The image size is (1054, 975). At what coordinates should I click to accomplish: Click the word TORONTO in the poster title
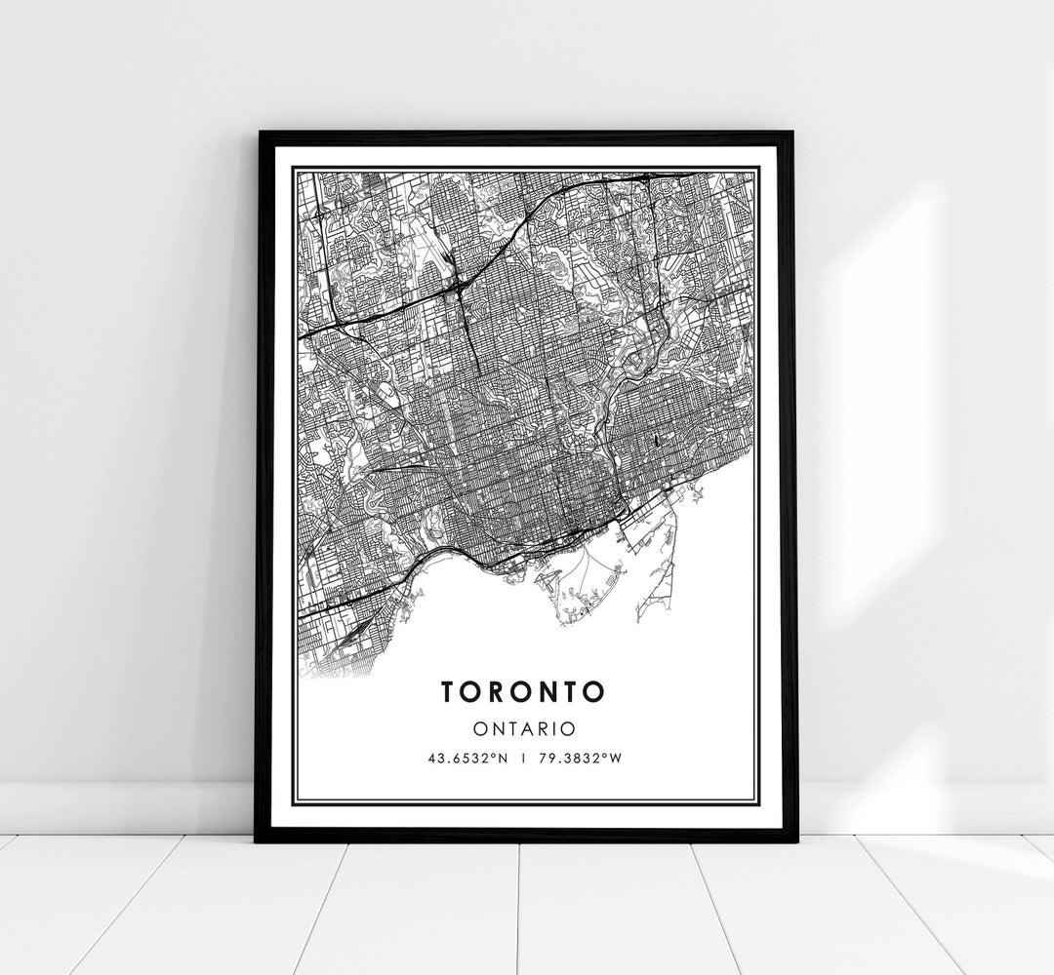tap(523, 691)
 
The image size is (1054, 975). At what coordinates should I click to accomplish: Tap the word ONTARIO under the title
tap(524, 728)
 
